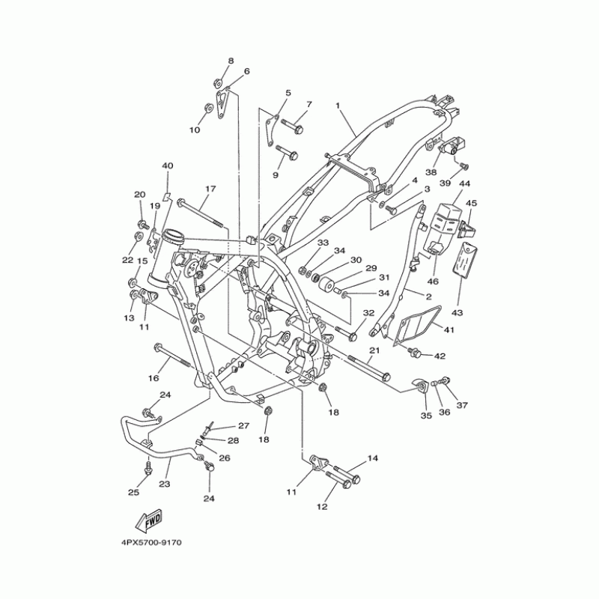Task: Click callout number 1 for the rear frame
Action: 338,106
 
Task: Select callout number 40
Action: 167,165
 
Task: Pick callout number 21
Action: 374,350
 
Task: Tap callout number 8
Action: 231,61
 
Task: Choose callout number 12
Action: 323,507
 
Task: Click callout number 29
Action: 371,269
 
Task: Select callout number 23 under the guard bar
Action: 165,484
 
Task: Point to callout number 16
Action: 154,379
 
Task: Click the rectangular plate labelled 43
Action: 463,261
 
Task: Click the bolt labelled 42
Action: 413,352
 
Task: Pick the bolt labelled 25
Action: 147,466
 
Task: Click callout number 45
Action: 471,203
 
